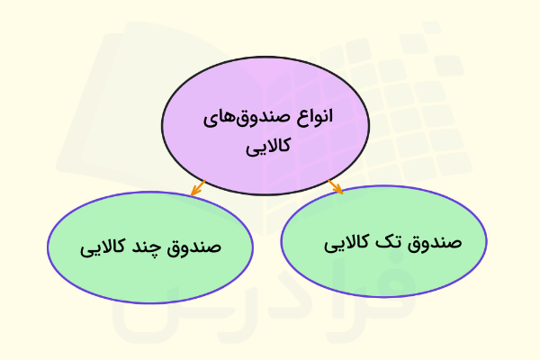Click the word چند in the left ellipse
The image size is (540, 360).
[x=155, y=246]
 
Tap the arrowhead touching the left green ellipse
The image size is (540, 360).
[x=193, y=193]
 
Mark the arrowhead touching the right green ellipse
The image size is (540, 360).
[x=339, y=190]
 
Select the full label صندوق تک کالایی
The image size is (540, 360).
[x=391, y=243]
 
